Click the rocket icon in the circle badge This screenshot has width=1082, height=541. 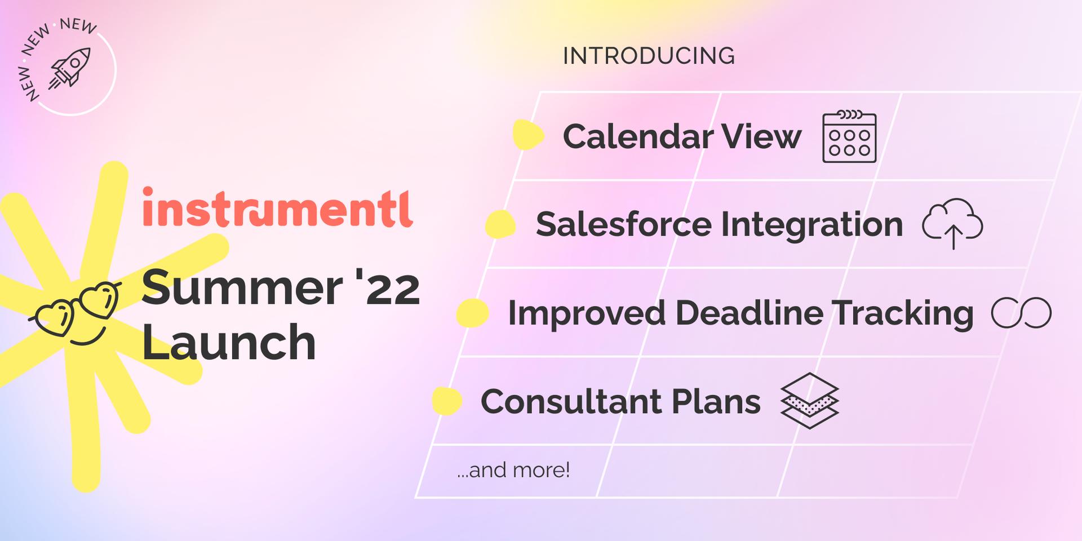point(70,68)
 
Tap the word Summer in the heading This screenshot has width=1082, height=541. point(242,288)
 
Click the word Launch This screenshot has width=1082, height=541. point(228,342)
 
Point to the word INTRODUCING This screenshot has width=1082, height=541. point(649,56)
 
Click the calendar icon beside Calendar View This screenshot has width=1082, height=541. point(849,136)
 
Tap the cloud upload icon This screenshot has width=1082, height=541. point(952,223)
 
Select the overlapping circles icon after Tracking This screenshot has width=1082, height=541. point(1021,313)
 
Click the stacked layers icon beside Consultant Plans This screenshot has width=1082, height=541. point(810,401)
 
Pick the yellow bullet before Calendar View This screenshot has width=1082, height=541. point(528,135)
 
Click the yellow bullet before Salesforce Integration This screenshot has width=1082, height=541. point(500,224)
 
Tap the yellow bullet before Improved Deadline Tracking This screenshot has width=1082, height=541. point(472,313)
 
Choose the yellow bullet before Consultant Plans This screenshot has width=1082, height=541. point(447,401)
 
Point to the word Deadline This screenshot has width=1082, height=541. point(750,313)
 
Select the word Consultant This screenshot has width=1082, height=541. point(571,402)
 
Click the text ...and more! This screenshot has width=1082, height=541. point(513,470)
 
